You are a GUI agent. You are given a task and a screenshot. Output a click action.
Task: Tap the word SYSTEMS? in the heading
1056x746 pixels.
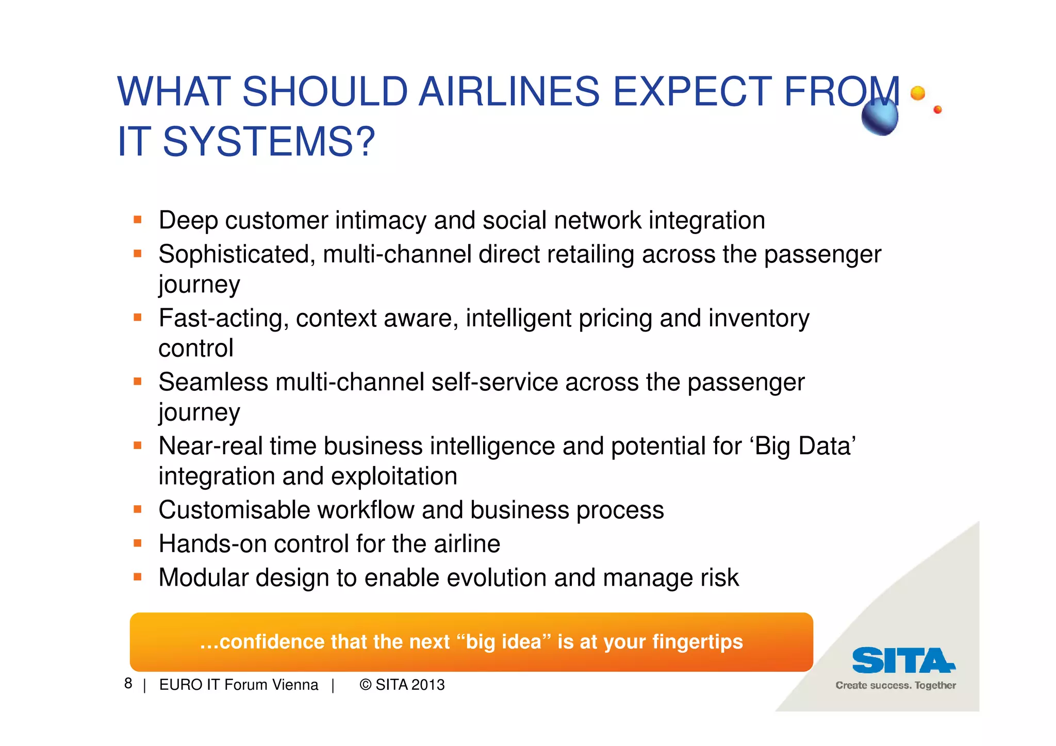269,142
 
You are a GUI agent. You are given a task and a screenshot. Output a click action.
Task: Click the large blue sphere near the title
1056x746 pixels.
880,117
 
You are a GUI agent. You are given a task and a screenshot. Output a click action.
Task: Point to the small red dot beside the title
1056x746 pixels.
937,109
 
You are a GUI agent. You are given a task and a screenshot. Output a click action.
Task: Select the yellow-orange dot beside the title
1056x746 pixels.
918,93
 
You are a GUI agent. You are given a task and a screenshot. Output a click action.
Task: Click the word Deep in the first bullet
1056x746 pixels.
188,221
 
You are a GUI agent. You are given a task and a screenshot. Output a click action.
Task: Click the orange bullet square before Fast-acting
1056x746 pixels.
137,318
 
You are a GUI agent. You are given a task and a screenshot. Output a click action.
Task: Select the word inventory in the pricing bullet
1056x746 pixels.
758,318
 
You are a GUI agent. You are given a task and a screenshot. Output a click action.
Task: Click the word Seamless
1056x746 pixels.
213,383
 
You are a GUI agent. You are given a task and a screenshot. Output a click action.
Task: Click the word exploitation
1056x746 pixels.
394,476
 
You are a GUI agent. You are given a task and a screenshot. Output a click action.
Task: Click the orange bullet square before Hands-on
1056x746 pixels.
137,543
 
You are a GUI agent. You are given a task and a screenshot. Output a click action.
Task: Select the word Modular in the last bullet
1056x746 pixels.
204,578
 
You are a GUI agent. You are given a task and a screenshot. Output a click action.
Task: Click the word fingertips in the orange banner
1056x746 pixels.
697,642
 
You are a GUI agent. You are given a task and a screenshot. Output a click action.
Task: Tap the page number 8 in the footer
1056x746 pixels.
128,684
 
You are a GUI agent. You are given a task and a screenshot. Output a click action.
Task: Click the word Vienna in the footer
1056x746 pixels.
295,685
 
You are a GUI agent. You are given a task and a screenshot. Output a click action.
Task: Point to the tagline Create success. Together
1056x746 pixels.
896,686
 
